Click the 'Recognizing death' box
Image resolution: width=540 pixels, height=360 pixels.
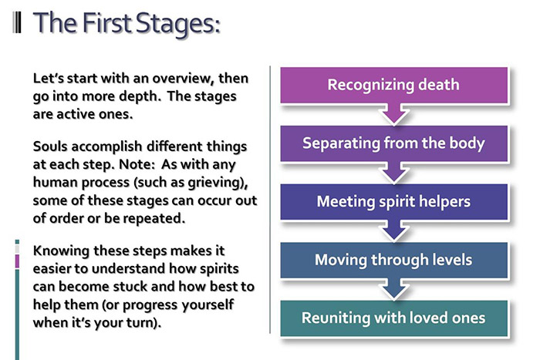point(393,85)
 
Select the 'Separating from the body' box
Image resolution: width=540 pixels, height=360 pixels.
point(393,143)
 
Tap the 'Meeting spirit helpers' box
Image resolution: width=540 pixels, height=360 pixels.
point(393,202)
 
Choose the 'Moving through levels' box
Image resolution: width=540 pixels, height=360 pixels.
point(393,260)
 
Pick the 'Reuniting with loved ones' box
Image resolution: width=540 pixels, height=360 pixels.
point(393,318)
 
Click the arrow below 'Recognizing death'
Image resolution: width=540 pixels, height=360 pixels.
point(393,113)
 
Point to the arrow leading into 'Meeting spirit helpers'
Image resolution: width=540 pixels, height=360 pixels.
point(393,171)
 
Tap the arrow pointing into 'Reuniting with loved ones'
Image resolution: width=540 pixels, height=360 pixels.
point(393,288)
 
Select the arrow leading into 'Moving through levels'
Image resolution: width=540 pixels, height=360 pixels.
point(393,230)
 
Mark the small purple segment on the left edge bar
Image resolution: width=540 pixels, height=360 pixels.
point(17,261)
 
